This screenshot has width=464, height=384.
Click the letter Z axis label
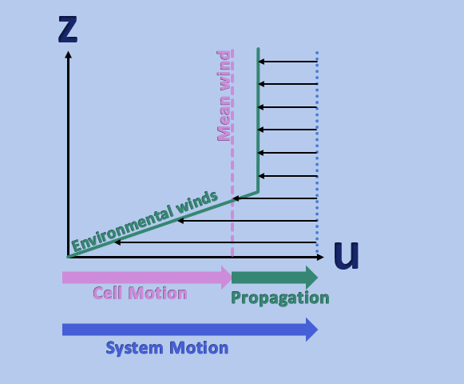68,29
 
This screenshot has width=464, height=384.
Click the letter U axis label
347,255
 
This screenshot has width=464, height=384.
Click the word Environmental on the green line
122,229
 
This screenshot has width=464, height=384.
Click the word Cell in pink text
108,293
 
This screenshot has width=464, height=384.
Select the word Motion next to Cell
157,293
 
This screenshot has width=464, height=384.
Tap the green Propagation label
280,298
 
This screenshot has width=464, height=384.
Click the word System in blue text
134,348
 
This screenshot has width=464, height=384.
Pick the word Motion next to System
199,347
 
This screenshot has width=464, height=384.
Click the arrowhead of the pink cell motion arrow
227,278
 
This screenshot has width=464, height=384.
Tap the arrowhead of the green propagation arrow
312,278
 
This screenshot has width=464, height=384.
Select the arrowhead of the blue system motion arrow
312,330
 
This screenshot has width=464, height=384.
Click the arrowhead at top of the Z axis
69,54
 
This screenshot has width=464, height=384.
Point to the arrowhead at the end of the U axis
320,257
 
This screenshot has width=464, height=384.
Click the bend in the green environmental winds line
258,192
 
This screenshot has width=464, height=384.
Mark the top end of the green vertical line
258,48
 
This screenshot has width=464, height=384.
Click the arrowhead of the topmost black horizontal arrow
261,62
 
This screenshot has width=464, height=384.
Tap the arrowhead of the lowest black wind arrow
117,242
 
